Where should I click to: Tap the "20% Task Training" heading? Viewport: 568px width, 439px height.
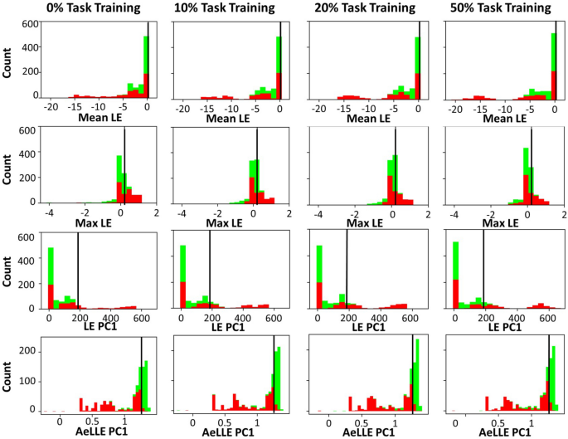pyautogui.click(x=371, y=8)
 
